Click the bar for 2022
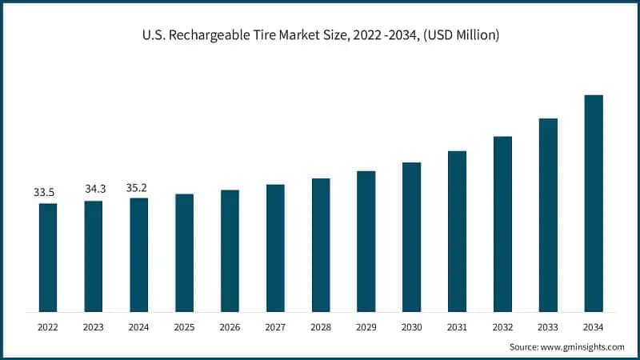pyautogui.click(x=48, y=257)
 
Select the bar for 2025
pyautogui.click(x=184, y=252)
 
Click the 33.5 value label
pyautogui.click(x=45, y=193)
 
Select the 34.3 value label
pyautogui.click(x=94, y=189)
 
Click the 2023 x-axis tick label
pyautogui.click(x=94, y=327)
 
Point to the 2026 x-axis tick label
pyautogui.click(x=230, y=327)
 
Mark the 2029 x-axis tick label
pyautogui.click(x=366, y=327)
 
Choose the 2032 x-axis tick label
pyautogui.click(x=502, y=327)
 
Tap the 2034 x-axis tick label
pyautogui.click(x=593, y=327)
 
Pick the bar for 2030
pyautogui.click(x=411, y=236)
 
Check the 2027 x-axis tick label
pyautogui.click(x=275, y=327)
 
